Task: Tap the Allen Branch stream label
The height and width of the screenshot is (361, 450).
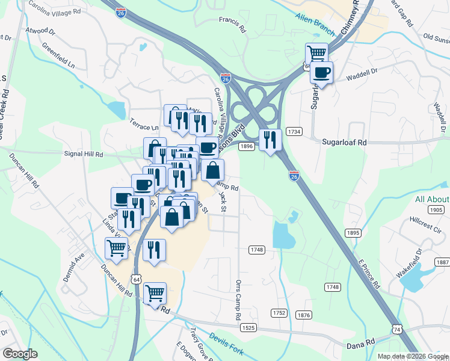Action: [315, 21]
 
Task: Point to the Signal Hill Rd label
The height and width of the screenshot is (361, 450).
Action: [84, 155]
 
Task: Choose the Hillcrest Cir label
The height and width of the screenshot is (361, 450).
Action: [425, 226]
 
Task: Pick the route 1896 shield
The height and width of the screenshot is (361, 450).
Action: [245, 146]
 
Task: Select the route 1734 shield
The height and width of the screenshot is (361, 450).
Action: [294, 131]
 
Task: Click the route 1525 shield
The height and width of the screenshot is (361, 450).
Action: [249, 328]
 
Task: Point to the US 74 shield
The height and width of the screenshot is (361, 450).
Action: [397, 329]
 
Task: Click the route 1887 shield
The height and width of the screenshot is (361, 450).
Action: [443, 262]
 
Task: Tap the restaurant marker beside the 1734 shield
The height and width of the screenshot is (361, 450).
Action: [270, 140]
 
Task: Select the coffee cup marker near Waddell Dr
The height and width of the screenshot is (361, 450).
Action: [321, 73]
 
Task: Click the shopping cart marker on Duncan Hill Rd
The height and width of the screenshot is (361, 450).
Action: [155, 293]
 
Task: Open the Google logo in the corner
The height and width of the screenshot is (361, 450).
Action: [20, 354]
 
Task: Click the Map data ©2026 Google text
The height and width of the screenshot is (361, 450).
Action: [412, 356]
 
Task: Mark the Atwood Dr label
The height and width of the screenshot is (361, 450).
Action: [40, 29]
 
